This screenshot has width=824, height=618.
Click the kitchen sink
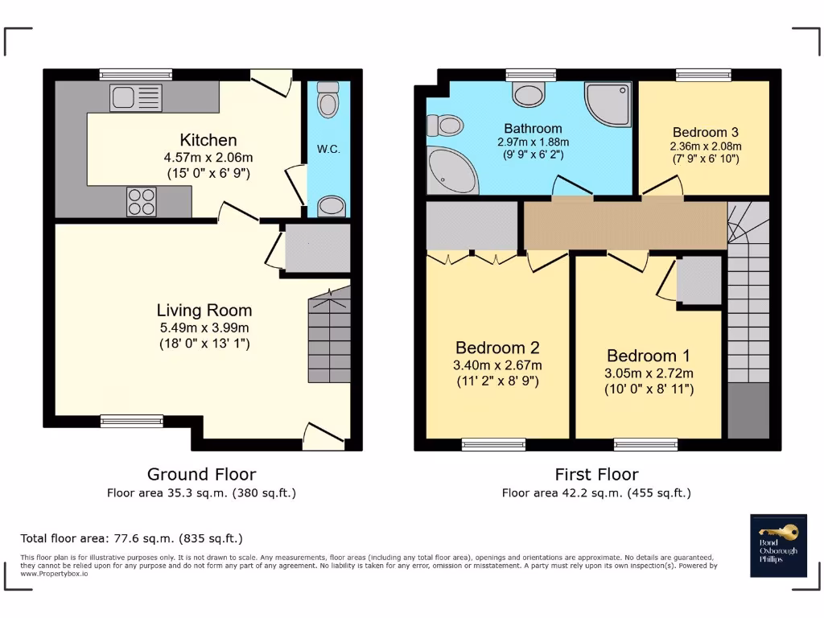coord(135,97)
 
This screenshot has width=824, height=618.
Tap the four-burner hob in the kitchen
coord(142,202)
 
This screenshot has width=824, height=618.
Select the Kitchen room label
coord(208,140)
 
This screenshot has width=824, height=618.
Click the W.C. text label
coord(328,149)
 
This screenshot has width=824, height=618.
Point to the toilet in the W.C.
coord(328,99)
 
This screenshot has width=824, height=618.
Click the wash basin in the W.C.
coord(331,205)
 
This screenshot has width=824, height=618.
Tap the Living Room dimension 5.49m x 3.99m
coord(204,328)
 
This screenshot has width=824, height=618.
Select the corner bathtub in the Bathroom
coord(452,170)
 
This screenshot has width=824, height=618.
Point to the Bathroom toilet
coord(444,126)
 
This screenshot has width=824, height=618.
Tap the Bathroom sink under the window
coord(529,95)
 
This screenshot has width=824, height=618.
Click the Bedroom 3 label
coord(706,132)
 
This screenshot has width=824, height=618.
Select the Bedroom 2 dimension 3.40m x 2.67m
coord(497,365)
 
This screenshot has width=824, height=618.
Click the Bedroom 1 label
coord(649,356)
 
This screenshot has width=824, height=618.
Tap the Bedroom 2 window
coord(493,444)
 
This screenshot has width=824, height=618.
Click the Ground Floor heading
coord(202,475)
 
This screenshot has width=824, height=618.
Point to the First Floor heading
coord(596,475)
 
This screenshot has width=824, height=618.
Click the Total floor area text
coord(131,538)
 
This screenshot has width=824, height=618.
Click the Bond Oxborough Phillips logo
coord(778,546)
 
